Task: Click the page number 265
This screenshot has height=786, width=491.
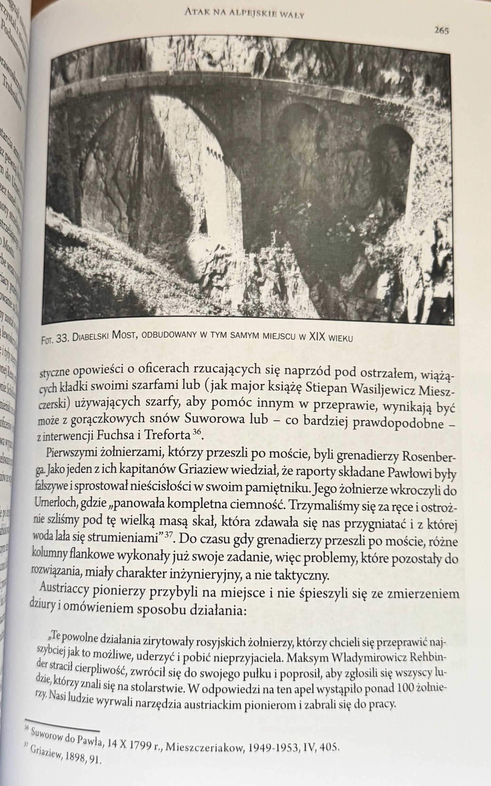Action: pos(441,31)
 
